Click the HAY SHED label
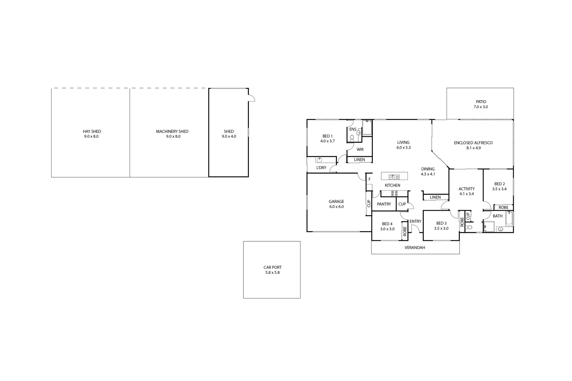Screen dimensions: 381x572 coord(92,131)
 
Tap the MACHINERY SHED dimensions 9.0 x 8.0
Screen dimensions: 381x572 coord(173,136)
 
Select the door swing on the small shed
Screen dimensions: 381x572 coord(251,98)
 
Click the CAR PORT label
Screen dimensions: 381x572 coord(272,267)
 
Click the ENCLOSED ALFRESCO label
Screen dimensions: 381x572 coord(473,143)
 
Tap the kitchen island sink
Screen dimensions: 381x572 coord(394,177)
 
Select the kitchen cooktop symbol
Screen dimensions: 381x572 coord(394,193)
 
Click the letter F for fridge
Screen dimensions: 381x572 coord(369,179)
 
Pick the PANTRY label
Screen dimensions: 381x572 coord(384,204)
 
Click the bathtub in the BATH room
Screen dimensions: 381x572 coord(509,219)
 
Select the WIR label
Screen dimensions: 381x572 coord(360,150)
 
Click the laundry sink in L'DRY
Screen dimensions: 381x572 coord(319,160)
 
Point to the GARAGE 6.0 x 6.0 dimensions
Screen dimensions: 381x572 coord(336,207)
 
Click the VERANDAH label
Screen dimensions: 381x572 coord(415,248)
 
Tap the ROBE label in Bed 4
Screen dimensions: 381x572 coord(405,231)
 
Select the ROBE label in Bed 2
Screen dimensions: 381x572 coord(503,207)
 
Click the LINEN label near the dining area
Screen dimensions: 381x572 coord(435,197)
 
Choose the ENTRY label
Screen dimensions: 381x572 coord(415,222)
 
